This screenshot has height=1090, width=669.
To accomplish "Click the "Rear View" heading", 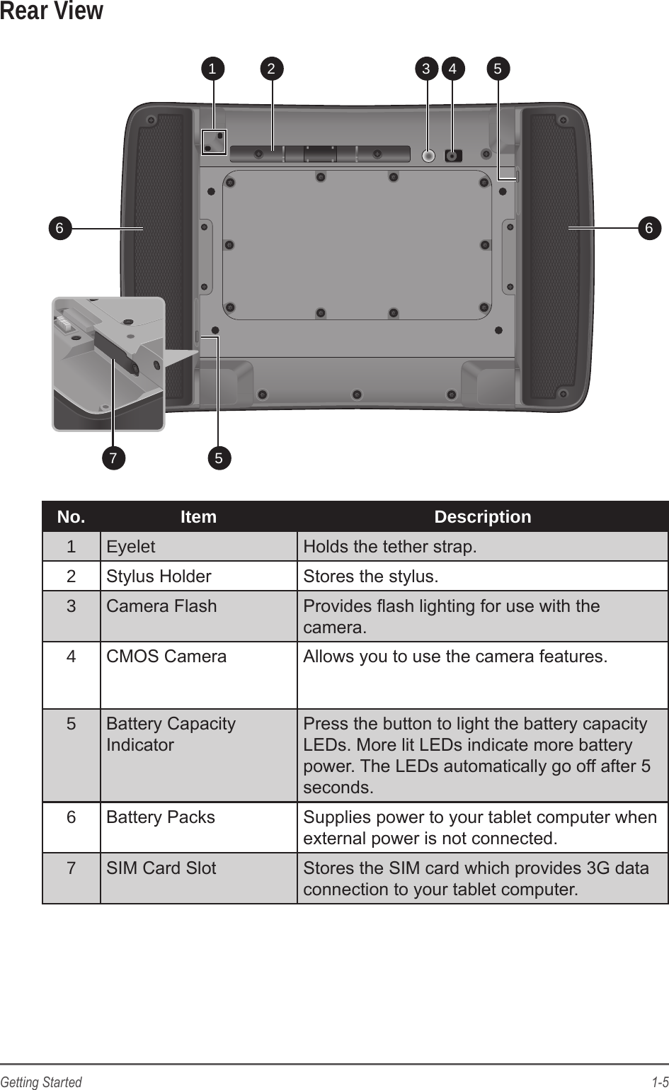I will click(51, 12).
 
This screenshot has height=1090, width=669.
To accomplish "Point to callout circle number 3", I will click(426, 69).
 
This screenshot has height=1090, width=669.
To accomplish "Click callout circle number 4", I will click(453, 69).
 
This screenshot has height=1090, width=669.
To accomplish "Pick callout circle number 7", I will click(113, 458).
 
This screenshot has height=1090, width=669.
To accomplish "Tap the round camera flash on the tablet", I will click(428, 155).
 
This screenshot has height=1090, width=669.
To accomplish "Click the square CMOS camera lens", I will click(453, 155).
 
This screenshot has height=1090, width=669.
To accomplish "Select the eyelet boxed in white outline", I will click(214, 141).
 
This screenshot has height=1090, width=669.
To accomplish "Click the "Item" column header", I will click(198, 517).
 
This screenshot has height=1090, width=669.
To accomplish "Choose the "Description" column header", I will click(482, 517).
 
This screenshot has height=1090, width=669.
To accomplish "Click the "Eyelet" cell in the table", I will click(131, 547).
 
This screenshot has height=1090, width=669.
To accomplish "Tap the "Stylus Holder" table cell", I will click(159, 577).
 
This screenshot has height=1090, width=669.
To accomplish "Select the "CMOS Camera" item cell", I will click(166, 657).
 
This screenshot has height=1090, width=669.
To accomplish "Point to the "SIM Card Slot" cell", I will click(161, 868).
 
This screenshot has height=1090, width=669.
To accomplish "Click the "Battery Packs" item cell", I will click(161, 817).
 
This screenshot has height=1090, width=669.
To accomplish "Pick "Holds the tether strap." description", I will click(390, 547).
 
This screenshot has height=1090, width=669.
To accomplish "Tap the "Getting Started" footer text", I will click(41, 1082).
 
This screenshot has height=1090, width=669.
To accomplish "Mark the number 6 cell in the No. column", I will click(71, 817).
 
